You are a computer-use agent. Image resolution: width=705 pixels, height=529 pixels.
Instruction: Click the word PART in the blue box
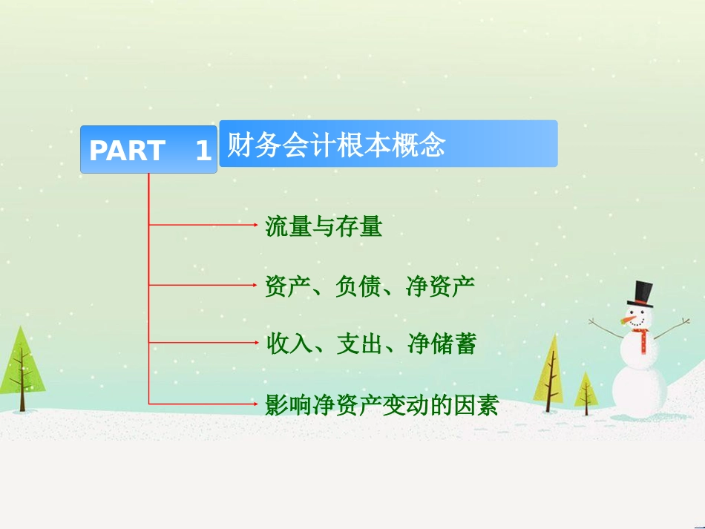tap(127, 150)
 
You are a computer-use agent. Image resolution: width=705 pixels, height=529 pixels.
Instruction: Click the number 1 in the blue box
tap(203, 150)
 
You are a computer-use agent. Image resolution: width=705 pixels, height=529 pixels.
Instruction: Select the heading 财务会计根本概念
tap(336, 145)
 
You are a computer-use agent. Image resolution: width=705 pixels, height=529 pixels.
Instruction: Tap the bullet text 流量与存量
tap(324, 226)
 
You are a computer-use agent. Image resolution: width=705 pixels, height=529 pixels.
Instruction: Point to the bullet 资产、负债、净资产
tap(370, 286)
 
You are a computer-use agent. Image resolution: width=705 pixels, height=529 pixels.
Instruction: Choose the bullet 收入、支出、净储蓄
tap(371, 344)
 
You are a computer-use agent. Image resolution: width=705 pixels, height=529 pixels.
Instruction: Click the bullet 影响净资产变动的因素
tap(381, 405)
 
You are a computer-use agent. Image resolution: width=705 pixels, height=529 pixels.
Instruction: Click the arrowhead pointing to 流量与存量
tap(255, 224)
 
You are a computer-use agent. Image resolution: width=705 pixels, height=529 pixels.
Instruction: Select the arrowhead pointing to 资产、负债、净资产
tap(255, 285)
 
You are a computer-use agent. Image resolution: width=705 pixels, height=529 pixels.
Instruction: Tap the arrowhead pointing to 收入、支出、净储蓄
tap(255, 343)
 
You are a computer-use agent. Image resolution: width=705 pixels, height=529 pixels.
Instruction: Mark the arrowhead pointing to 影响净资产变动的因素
tap(255, 404)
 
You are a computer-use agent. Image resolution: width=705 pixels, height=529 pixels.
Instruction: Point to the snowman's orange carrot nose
tap(628, 320)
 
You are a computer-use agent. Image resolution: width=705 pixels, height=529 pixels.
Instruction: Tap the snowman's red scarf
tap(642, 339)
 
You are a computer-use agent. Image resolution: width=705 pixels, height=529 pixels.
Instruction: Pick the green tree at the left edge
tap(21, 369)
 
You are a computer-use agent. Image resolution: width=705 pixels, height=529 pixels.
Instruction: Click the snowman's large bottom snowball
tap(640, 390)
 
